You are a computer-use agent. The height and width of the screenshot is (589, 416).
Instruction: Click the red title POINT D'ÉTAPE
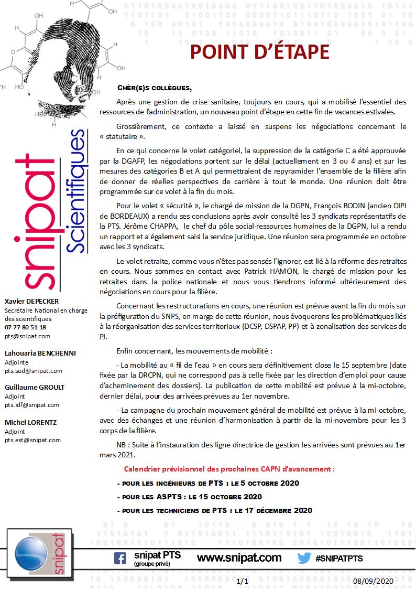pos(259,52)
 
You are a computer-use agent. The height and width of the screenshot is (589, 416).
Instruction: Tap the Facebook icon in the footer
pos(120,559)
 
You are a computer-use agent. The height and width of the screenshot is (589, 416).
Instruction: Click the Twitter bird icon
pos(304,558)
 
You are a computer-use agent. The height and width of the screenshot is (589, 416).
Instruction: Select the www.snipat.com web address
pos(239,558)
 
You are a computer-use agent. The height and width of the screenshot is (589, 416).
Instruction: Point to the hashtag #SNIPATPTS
pos(339,559)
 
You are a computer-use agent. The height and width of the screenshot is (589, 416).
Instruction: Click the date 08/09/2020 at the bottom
pos(373,581)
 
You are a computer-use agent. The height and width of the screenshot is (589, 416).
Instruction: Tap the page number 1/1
pos(242,581)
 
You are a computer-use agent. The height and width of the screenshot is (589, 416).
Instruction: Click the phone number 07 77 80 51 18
pos(25,327)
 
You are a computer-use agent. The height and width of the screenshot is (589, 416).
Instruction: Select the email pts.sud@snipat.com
pos(33,371)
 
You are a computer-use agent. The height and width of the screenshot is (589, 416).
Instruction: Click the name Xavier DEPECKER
pos(31,301)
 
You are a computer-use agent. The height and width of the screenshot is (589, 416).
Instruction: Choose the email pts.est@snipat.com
pos(32,440)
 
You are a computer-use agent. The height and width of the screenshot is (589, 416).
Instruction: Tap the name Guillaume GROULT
pos(35,387)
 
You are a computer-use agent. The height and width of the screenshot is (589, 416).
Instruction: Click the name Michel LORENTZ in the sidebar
pos(31,422)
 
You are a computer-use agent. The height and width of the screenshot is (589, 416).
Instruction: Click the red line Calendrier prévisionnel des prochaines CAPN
pos(229,468)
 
